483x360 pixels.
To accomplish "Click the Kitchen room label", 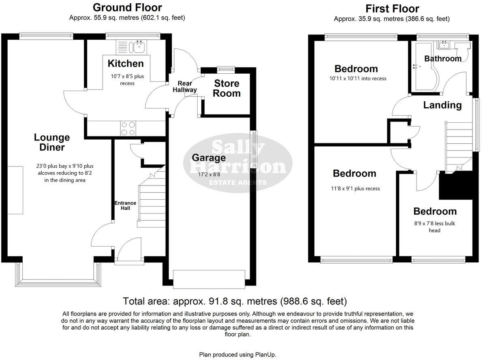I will click(126, 64).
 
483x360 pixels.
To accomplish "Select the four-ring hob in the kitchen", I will click(128, 129).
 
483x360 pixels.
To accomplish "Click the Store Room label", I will click(227, 88).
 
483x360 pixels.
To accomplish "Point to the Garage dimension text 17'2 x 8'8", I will click(209, 175).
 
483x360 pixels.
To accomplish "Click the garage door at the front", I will click(209, 279).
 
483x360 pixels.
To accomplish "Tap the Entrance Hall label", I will click(125, 205).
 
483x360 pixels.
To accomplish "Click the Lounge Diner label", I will click(52, 143).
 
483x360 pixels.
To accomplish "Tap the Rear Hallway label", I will click(185, 87).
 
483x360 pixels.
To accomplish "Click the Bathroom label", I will click(442, 59).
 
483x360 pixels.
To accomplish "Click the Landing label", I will click(442, 105).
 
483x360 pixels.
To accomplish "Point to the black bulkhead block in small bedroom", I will click(456, 185).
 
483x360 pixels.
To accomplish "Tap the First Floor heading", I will click(392, 9).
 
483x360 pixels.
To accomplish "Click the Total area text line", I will click(235, 301).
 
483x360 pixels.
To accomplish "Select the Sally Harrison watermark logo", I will click(238, 164).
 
